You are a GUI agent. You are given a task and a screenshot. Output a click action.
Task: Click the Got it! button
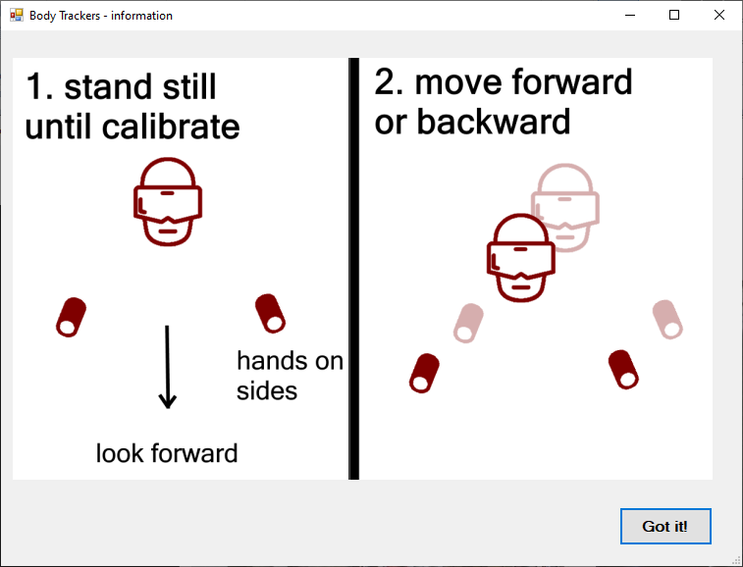(x=665, y=526)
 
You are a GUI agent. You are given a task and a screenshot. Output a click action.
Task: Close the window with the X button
(x=718, y=15)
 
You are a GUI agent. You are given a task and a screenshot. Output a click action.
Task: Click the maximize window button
(x=674, y=15)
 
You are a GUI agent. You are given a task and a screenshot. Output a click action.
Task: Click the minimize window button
(x=630, y=15)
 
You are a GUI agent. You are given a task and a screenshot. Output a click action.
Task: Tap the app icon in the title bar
(x=16, y=15)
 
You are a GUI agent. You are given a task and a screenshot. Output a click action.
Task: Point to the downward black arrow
(x=167, y=367)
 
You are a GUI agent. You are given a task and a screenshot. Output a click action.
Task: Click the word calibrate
(x=171, y=127)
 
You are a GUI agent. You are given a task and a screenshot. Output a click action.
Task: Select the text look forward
(x=167, y=453)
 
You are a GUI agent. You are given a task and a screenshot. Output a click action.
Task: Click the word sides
(x=267, y=391)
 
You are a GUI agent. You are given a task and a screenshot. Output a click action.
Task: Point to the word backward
(x=494, y=122)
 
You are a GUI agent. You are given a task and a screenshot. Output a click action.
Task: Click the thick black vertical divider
(x=353, y=269)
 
